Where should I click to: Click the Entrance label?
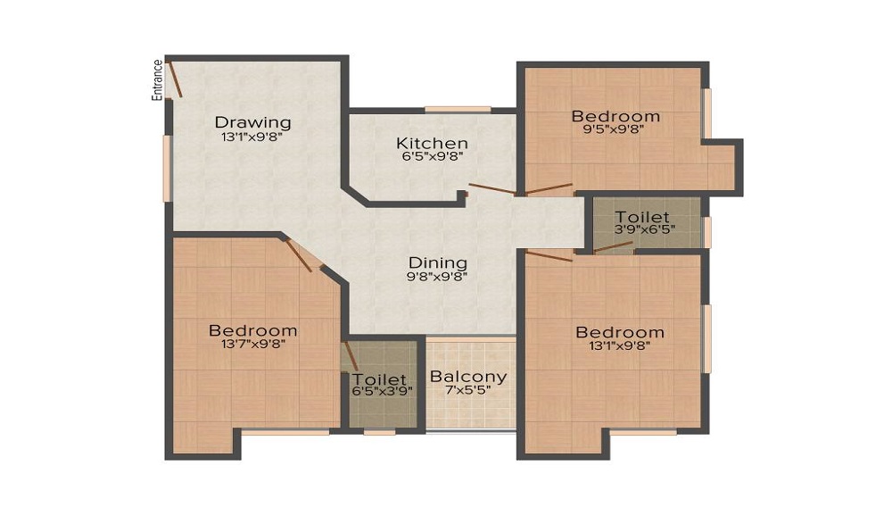(x=157, y=80)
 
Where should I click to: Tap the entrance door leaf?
(x=175, y=79)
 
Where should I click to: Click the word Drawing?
(x=252, y=122)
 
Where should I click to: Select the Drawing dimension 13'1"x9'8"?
(x=252, y=137)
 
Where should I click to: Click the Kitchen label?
(x=433, y=143)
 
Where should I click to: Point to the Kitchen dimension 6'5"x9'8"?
(x=433, y=156)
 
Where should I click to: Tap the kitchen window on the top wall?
(x=458, y=109)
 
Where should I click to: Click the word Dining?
(x=438, y=263)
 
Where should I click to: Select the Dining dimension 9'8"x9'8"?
(x=437, y=277)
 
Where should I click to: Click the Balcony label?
(x=468, y=376)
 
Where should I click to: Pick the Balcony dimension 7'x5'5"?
(x=468, y=391)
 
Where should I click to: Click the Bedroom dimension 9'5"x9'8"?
(x=614, y=129)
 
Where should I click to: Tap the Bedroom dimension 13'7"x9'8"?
(x=254, y=344)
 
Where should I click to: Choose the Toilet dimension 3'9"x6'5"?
(x=645, y=230)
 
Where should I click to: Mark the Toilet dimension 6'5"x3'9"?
(x=382, y=391)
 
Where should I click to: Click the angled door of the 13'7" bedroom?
(x=299, y=256)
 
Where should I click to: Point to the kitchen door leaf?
(x=492, y=189)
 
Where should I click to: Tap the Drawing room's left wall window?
(x=168, y=169)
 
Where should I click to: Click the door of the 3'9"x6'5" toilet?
(x=614, y=247)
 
